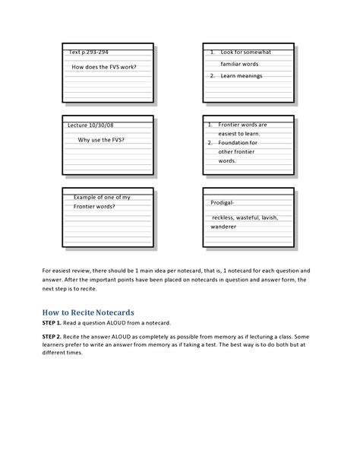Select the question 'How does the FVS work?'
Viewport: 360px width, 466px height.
coord(104,67)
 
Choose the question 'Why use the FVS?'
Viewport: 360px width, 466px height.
coord(101,140)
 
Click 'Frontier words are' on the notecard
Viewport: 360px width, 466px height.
coord(242,125)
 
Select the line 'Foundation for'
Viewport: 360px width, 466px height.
coord(238,143)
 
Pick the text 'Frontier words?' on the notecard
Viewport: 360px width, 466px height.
coord(94,207)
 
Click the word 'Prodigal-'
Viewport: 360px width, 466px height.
coord(223,203)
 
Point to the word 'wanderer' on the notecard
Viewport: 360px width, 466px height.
coord(223,227)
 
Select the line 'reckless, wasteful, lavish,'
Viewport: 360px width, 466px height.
coord(245,217)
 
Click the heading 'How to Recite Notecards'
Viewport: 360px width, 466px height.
coord(88,312)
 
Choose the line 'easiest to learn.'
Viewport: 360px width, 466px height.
coord(239,133)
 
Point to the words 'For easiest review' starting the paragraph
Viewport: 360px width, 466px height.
coord(66,270)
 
